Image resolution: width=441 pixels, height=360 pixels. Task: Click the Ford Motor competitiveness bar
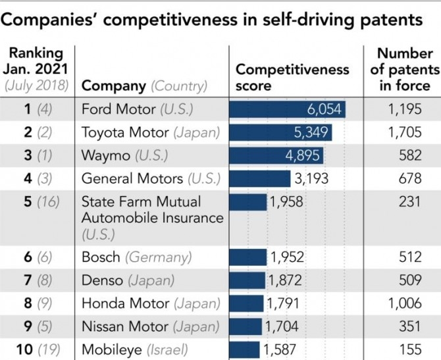(x=287, y=109)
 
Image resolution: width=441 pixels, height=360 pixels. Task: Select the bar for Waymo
(x=276, y=156)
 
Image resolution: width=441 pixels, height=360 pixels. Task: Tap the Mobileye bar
(x=244, y=349)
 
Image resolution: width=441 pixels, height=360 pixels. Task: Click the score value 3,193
(x=309, y=179)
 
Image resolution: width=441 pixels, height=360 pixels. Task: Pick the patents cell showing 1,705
(x=405, y=133)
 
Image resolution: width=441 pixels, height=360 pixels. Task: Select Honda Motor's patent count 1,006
(x=405, y=303)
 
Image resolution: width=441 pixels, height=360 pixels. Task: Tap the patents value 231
(x=409, y=202)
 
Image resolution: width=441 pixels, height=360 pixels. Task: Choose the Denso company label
(x=102, y=280)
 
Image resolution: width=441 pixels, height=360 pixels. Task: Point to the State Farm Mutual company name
(x=141, y=202)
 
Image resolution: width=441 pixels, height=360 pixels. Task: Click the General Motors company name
(x=132, y=179)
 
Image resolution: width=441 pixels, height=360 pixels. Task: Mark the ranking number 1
(x=28, y=109)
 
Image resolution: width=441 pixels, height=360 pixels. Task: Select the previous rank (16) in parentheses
(x=47, y=202)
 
